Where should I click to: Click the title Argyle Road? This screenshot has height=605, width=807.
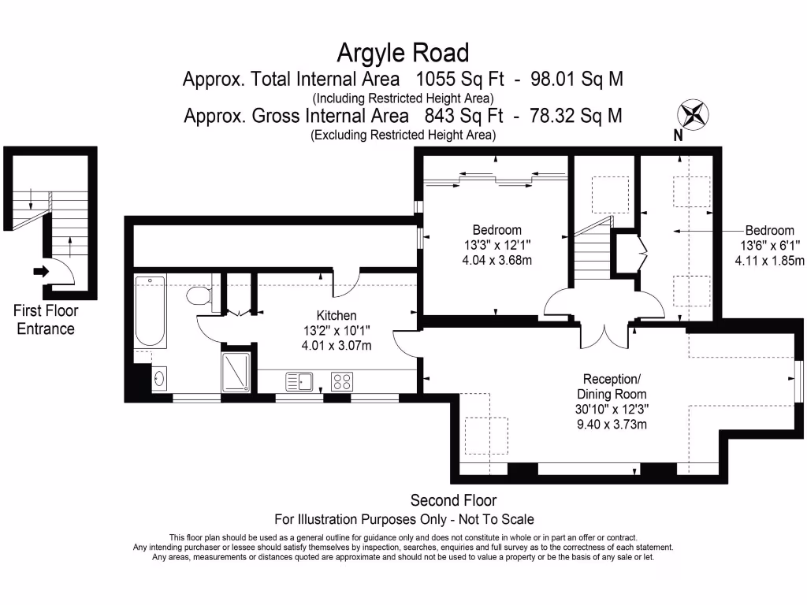click(403, 53)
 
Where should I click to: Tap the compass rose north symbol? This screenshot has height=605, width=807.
click(694, 114)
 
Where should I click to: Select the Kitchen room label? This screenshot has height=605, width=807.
click(337, 315)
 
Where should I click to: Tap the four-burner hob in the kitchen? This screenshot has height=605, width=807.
click(342, 382)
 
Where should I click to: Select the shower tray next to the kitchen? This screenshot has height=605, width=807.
click(236, 371)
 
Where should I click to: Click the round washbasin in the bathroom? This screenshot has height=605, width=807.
click(158, 379)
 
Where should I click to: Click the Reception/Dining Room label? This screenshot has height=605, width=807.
click(612, 386)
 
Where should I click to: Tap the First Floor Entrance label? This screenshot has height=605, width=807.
click(46, 320)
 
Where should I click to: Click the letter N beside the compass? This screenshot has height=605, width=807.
click(678, 135)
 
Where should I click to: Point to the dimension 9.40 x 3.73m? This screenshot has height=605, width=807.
click(612, 425)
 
